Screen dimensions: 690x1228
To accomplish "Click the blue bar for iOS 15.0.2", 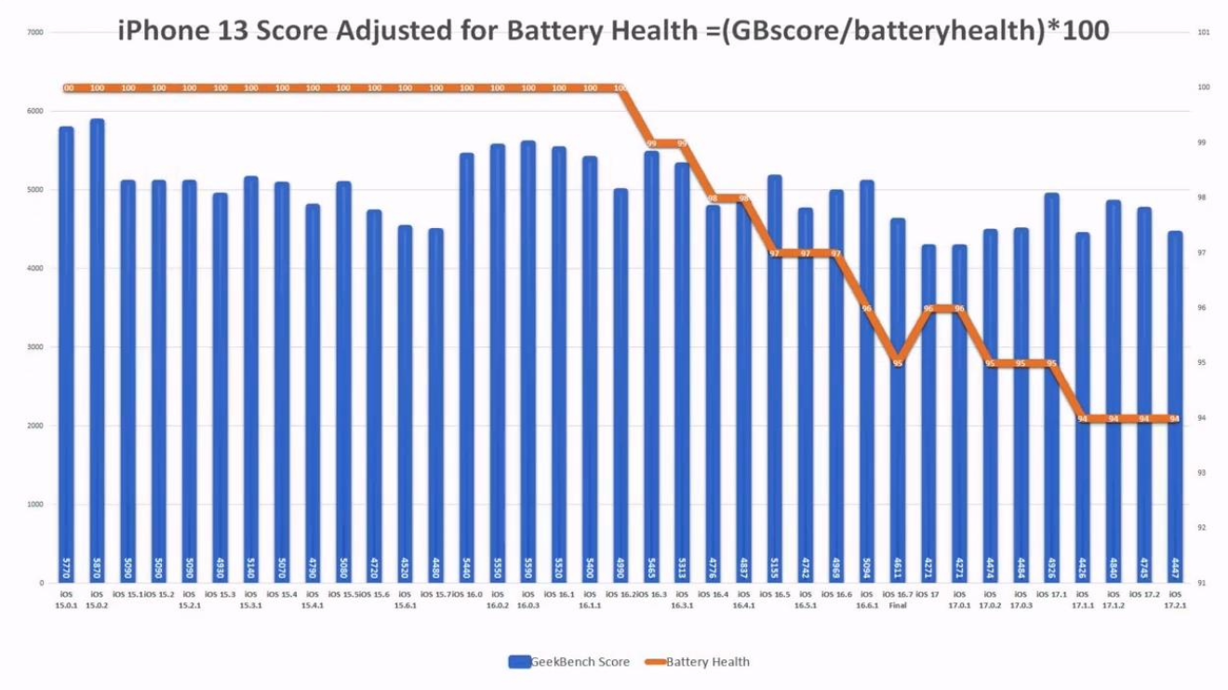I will click(97, 354).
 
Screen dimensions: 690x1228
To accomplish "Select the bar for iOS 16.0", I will click(467, 372).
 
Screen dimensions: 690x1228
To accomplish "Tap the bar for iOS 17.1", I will click(1051, 391).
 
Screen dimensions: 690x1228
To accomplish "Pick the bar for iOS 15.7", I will click(435, 410).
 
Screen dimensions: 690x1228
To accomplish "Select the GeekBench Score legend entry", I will click(569, 662).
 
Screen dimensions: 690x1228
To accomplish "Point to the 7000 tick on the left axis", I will click(35, 33).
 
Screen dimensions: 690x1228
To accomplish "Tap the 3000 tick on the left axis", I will click(35, 347).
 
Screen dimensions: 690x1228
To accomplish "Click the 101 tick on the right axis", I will click(1203, 33).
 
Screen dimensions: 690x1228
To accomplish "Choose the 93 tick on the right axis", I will click(1203, 473).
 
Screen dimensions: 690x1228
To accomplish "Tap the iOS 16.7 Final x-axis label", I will click(898, 598).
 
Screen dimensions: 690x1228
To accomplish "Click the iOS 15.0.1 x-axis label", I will click(66, 598).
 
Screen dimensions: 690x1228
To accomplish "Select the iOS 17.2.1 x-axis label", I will click(1175, 598).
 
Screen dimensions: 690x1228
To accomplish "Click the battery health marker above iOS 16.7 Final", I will click(898, 363).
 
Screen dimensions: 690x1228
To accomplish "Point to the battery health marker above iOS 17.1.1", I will click(1082, 419).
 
